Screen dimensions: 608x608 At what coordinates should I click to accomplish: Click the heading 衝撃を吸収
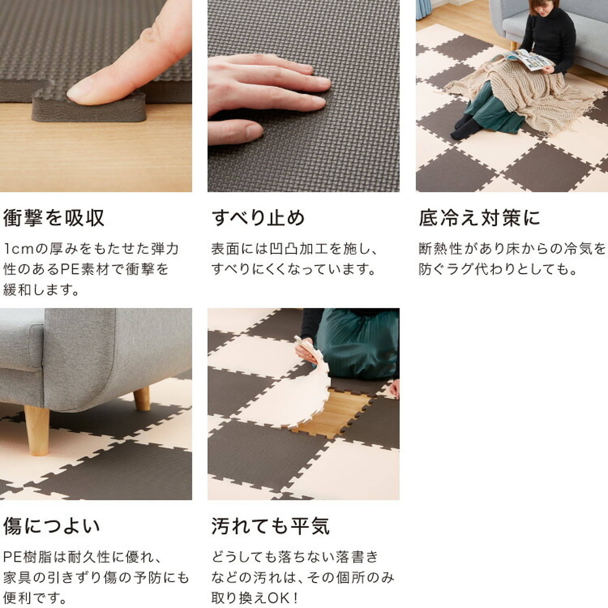[x=54, y=218]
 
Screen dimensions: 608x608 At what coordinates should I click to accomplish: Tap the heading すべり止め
[x=258, y=218]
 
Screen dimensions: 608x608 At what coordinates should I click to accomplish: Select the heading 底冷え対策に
[x=479, y=218]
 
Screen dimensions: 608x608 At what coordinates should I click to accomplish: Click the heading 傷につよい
[x=51, y=526]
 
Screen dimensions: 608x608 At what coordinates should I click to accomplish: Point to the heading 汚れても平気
[x=270, y=526]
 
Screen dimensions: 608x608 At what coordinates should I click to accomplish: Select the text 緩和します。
[x=41, y=290]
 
